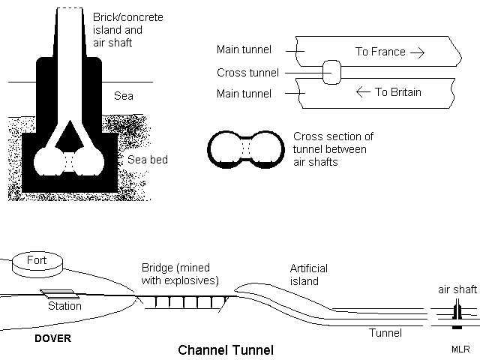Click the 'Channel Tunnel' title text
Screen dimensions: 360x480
pyautogui.click(x=225, y=349)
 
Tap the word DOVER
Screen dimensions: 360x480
pyautogui.click(x=53, y=338)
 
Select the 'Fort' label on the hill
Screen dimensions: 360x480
pyautogui.click(x=37, y=261)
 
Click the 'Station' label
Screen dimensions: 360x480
pyautogui.click(x=64, y=306)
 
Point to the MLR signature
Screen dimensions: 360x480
pyautogui.click(x=460, y=349)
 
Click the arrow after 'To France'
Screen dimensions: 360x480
pyautogui.click(x=417, y=52)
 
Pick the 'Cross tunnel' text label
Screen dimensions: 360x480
pyautogui.click(x=247, y=73)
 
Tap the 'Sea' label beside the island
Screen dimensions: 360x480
pyautogui.click(x=123, y=96)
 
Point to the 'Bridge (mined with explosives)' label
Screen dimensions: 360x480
pyautogui.click(x=180, y=274)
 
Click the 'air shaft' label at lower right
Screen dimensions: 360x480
pyautogui.click(x=457, y=289)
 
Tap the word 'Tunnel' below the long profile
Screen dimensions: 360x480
pyautogui.click(x=386, y=332)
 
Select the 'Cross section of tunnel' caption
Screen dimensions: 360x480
pyautogui.click(x=333, y=149)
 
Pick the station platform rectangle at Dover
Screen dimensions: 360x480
pyautogui.click(x=57, y=293)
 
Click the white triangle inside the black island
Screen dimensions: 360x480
pyautogui.click(x=68, y=135)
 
